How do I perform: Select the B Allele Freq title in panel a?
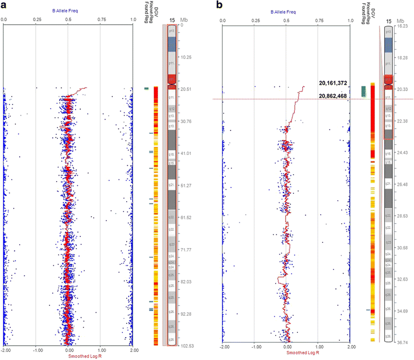68,10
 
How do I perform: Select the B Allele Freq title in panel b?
286,11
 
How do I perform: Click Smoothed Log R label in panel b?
287,355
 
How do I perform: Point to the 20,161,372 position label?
333,83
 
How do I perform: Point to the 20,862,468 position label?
333,95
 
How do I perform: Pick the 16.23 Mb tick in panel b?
403,25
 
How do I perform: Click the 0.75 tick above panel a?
100,19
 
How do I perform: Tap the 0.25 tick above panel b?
254,20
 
